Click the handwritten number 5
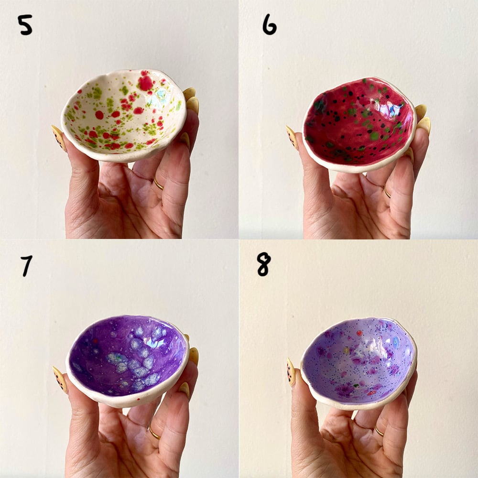point(25,25)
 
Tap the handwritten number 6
point(270,25)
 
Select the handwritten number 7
point(26,266)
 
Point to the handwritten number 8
point(264,265)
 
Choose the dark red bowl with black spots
point(359,124)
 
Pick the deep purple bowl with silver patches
point(128,360)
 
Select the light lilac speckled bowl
point(359,363)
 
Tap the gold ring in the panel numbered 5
point(159,185)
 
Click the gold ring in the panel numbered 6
point(387,193)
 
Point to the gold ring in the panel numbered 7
point(154,433)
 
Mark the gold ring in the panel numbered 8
point(379,432)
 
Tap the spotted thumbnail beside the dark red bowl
point(292,138)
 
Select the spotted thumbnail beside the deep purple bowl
point(60,380)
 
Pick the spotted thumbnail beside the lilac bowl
point(291,372)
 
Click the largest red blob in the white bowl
point(145,83)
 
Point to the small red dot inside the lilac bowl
point(359,333)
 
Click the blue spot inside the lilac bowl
point(396,343)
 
